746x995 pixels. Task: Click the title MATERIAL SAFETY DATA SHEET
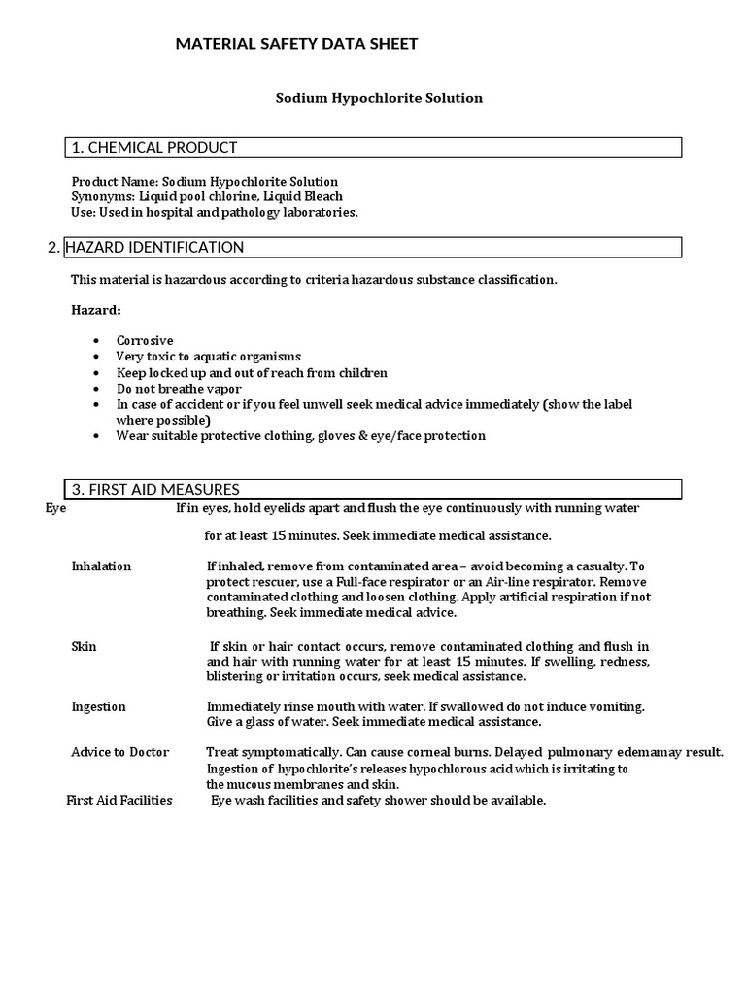click(x=296, y=44)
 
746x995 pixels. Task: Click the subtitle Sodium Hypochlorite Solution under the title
click(x=379, y=98)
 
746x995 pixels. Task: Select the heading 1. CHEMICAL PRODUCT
click(x=153, y=148)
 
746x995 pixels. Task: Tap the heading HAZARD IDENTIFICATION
click(x=154, y=248)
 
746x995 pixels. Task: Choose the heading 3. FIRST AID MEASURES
click(x=155, y=489)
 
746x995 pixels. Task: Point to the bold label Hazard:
click(x=96, y=310)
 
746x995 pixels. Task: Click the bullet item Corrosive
click(x=145, y=341)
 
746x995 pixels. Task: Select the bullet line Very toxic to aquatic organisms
click(x=209, y=357)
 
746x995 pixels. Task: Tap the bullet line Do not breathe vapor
click(x=177, y=389)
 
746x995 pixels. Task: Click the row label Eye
click(x=56, y=508)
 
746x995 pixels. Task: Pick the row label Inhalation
click(x=101, y=566)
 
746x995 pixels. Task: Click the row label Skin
click(x=85, y=646)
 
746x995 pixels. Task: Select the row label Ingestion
click(x=99, y=706)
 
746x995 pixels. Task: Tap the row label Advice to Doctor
click(x=120, y=752)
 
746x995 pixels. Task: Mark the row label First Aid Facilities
click(x=119, y=800)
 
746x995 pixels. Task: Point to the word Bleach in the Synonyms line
click(x=323, y=196)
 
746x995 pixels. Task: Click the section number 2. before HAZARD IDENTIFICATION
click(x=53, y=248)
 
